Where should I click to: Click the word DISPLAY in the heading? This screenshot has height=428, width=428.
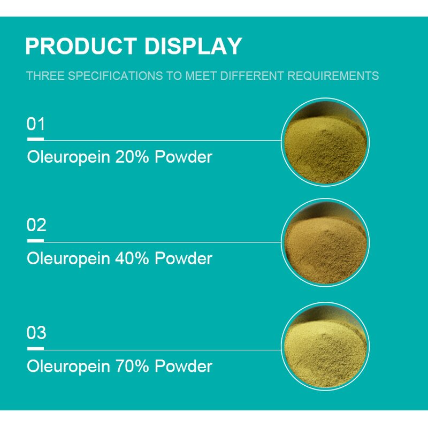(193, 47)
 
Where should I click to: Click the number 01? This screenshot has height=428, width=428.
(36, 124)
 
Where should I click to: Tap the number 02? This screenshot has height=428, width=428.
(36, 225)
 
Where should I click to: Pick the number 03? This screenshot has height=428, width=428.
(36, 333)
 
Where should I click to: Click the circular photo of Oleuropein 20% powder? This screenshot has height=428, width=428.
(325, 142)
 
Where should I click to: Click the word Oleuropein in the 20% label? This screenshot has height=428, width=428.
(68, 157)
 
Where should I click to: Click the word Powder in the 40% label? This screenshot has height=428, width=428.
(184, 258)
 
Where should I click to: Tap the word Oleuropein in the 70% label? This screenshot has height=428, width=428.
(68, 366)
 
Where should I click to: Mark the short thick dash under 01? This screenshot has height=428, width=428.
(35, 140)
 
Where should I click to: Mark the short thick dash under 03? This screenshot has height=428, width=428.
(35, 348)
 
